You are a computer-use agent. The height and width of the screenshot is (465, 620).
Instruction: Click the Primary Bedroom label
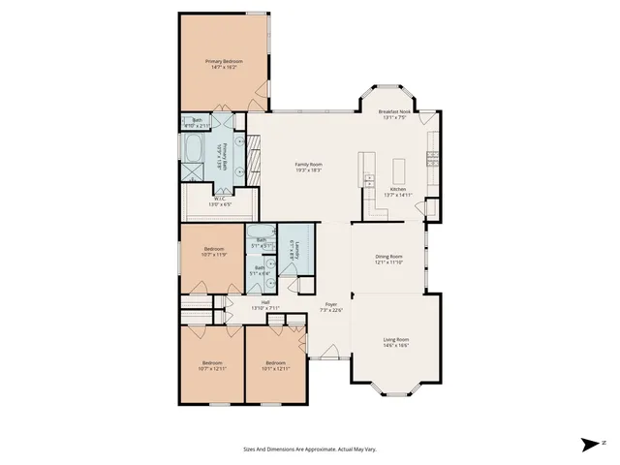pos(224,62)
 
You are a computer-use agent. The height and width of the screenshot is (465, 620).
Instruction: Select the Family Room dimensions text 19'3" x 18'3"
pos(309,170)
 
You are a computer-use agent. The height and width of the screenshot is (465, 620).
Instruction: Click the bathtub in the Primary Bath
pos(195,151)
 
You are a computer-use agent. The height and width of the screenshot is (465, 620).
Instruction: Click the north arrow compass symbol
pos(591,444)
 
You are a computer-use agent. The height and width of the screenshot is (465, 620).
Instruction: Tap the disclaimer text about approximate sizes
pos(309,449)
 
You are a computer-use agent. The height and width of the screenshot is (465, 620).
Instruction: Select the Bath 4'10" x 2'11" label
pos(197,122)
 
